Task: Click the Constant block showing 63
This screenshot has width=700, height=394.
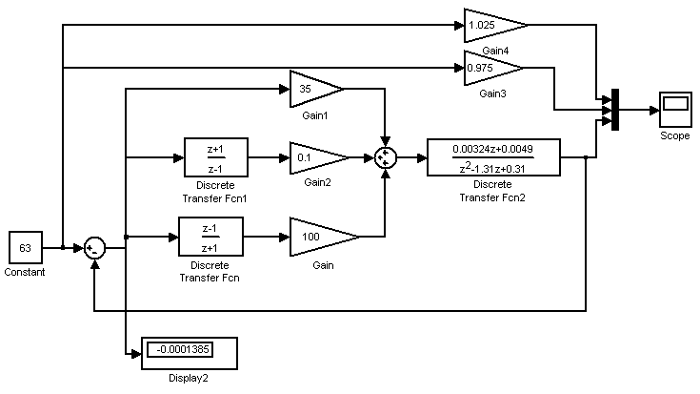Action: point(25,247)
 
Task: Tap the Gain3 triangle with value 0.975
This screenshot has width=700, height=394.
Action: point(490,68)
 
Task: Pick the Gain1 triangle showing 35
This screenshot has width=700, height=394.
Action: point(312,89)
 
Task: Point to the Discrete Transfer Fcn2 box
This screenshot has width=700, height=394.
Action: point(492,157)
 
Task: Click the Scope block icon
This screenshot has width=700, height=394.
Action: point(675,110)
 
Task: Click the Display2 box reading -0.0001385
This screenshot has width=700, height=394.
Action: point(188,352)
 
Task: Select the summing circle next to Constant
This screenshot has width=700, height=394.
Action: point(93,248)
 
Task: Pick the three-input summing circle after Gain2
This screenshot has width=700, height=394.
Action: point(385,158)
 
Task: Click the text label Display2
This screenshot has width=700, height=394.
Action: point(189,378)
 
